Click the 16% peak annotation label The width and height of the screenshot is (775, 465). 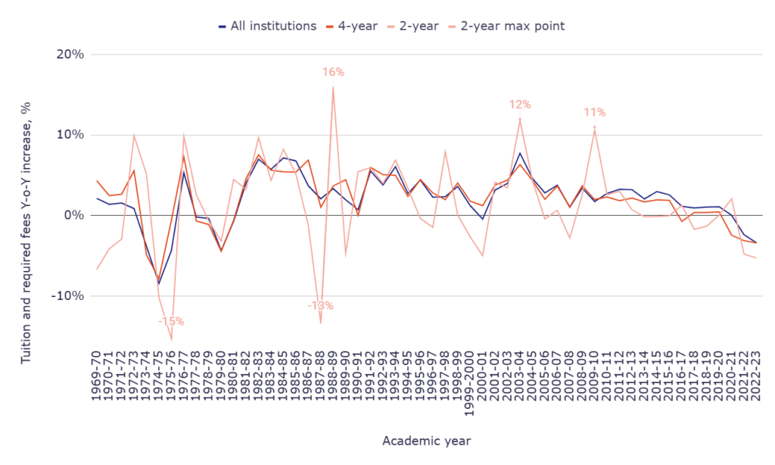(333, 72)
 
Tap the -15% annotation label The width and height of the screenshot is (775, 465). (171, 321)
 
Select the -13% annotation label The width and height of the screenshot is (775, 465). (320, 306)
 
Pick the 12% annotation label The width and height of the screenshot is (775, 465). (520, 105)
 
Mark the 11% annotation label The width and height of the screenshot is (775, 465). (595, 112)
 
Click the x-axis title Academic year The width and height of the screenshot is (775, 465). (425, 440)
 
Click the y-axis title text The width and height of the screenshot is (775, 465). (26, 214)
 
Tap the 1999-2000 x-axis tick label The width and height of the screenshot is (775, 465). (470, 384)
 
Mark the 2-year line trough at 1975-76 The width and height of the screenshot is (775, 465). (171, 339)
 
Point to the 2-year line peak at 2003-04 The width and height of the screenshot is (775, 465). (520, 118)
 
